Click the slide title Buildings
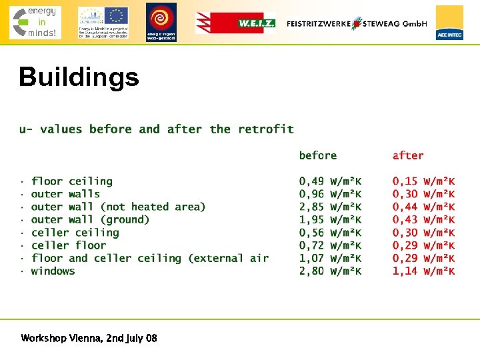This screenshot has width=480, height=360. [79, 77]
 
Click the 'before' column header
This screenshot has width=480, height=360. [317, 155]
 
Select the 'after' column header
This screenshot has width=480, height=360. [407, 155]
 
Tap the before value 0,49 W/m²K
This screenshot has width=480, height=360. [330, 181]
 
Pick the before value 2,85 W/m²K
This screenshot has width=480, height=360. [330, 207]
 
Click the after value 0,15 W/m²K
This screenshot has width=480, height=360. [423, 181]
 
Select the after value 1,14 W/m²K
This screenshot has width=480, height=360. [423, 271]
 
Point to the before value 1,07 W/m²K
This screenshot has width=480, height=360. [330, 258]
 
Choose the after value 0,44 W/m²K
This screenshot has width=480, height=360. [423, 207]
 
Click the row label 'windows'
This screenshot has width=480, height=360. [53, 271]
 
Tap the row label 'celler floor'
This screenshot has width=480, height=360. [69, 245]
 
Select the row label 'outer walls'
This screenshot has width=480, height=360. [65, 194]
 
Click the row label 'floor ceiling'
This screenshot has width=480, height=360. [71, 181]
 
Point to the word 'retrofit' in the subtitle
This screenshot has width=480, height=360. [265, 129]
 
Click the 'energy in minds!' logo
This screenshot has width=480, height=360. [35, 22]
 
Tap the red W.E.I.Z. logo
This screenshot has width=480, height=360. [235, 23]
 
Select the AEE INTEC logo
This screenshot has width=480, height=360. [449, 23]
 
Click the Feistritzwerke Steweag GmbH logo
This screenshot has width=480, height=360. [357, 23]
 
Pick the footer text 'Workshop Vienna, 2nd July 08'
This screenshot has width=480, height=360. [89, 338]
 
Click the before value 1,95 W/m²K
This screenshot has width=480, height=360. [330, 219]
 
